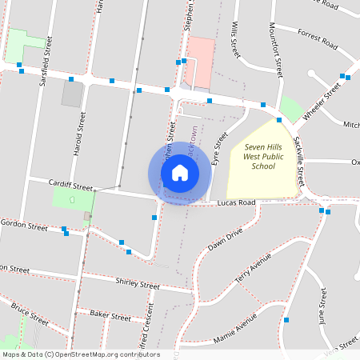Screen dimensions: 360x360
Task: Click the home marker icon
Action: tap(180, 173)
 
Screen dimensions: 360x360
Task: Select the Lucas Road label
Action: tap(236, 203)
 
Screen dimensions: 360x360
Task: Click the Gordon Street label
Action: tap(24, 225)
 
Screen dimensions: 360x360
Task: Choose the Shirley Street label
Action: tap(138, 283)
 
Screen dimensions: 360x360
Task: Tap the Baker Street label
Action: tap(110, 317)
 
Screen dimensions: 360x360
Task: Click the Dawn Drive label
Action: tap(225, 238)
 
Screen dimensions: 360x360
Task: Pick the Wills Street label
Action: tap(236, 40)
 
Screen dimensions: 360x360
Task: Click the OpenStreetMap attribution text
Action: tap(81, 354)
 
